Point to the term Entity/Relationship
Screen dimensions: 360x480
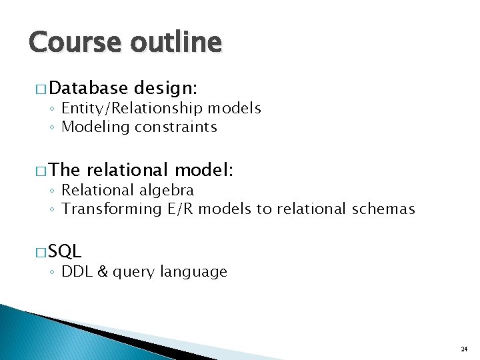[133, 108]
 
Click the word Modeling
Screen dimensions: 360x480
[92, 127]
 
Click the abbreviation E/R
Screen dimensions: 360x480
[175, 209]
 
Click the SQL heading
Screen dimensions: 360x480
[65, 251]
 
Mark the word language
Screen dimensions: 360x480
[197, 272]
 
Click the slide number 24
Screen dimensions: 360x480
[464, 349]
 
